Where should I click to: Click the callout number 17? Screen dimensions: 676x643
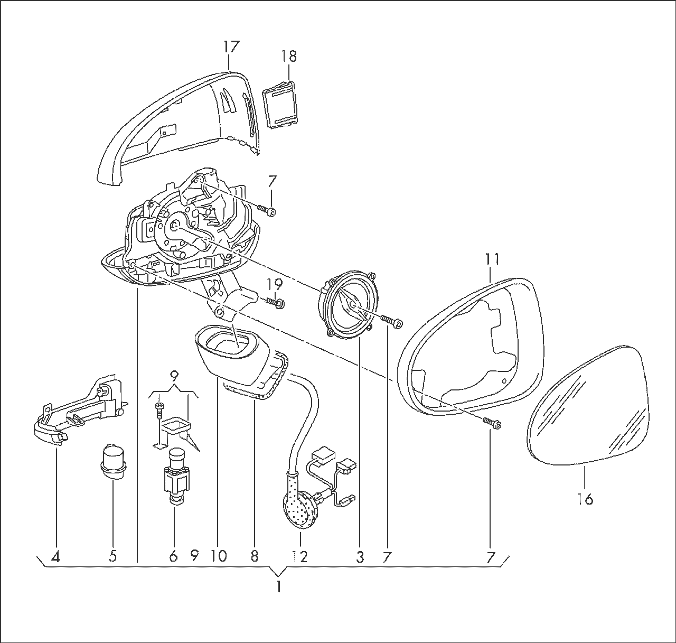[x=231, y=46]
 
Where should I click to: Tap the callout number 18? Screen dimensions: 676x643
[x=289, y=56]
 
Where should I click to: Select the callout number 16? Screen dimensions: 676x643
[x=585, y=499]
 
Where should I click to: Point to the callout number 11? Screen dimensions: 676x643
[x=492, y=259]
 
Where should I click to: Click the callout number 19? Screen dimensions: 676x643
[x=275, y=284]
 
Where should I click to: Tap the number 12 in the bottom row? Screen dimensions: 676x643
[x=300, y=556]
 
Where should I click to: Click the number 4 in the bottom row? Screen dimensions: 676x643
[x=55, y=556]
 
